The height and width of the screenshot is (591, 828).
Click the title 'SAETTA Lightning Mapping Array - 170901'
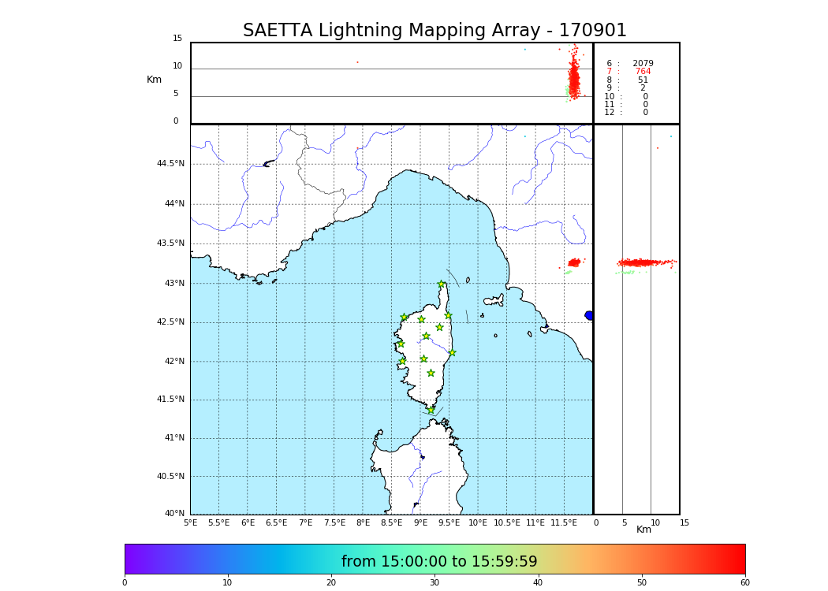tap(435, 31)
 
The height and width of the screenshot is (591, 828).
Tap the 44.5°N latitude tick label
tap(170, 164)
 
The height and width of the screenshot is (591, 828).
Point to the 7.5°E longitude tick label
tap(334, 522)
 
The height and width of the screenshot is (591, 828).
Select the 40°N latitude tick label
tap(175, 514)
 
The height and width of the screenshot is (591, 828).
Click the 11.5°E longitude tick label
tap(564, 522)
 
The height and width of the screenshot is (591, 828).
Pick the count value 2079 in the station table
tap(643, 64)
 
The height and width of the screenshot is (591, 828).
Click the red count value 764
tap(643, 72)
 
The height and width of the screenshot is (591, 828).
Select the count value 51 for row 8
tap(643, 80)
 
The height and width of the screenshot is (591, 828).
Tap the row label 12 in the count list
tap(610, 113)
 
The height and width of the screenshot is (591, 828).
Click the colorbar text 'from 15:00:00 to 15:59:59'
tap(439, 562)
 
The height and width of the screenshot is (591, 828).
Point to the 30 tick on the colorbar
tap(435, 583)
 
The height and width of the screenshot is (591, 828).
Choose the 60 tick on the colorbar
tap(744, 583)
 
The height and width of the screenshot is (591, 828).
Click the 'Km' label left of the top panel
tap(155, 80)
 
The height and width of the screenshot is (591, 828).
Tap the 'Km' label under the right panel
tap(644, 530)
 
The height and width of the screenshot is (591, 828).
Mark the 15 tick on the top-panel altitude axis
tap(177, 39)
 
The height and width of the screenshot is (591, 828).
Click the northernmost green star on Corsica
tap(442, 284)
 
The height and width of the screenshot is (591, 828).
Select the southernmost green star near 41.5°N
tap(431, 410)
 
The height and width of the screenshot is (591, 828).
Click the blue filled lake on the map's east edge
tap(589, 315)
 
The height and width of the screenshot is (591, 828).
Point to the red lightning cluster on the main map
tap(574, 262)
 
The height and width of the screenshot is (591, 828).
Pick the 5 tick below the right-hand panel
tap(624, 522)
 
